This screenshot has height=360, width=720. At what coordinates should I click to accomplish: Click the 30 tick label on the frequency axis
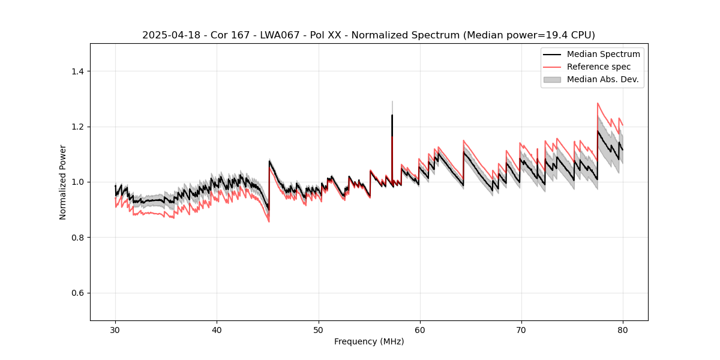[115, 329]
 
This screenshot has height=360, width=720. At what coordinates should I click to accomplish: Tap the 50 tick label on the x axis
[319, 329]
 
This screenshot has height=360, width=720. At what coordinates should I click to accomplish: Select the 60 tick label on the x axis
[420, 329]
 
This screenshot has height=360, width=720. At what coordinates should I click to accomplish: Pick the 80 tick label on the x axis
[623, 329]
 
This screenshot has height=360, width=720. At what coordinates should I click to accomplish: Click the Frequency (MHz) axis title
[369, 341]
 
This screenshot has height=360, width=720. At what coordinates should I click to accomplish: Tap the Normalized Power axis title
[63, 182]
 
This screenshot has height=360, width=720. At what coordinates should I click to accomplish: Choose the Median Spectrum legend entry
[603, 55]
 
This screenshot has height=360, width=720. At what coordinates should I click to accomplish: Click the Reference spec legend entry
[598, 67]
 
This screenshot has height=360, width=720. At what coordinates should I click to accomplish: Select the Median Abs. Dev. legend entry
[602, 79]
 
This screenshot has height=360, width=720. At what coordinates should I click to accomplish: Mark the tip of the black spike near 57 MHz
[392, 115]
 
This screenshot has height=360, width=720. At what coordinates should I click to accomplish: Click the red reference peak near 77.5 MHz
[598, 103]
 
